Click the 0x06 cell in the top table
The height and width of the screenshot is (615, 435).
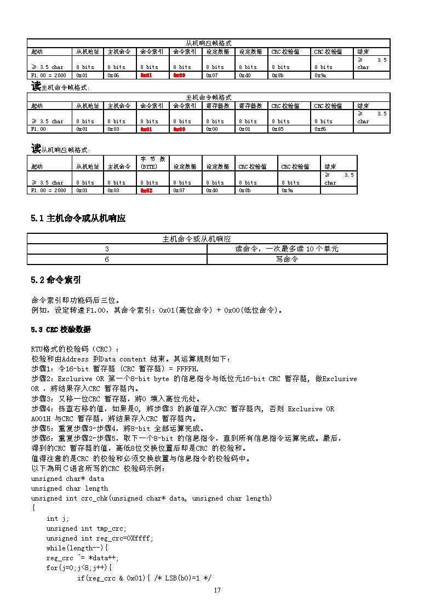113,75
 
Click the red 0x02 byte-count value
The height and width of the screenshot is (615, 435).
146,190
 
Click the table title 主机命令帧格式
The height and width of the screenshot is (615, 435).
209,97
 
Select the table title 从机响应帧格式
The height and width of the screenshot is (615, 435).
209,43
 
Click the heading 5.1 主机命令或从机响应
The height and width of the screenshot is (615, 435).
78,219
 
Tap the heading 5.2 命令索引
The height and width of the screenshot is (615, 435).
56,280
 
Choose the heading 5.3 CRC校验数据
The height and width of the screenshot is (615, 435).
61,330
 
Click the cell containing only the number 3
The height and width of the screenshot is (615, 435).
107,249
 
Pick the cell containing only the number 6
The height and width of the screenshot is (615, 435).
107,260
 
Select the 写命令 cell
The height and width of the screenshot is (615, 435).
287,260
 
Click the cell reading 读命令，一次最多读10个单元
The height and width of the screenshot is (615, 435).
287,249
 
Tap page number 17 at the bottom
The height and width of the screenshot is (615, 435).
218,590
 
